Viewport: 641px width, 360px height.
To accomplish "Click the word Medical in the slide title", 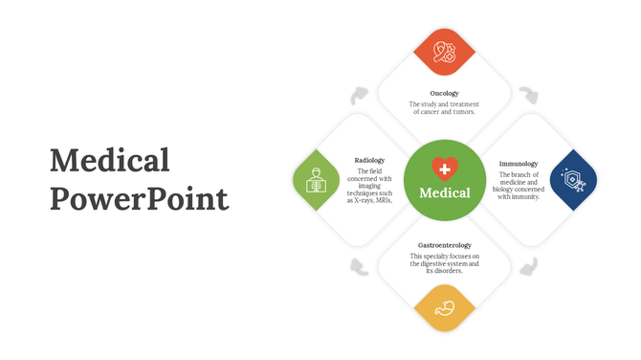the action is click(x=110, y=161).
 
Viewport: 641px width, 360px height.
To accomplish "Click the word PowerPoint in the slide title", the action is click(x=139, y=198).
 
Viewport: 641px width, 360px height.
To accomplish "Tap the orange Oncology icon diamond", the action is click(x=443, y=52).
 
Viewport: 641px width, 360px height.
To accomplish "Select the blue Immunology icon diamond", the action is click(x=572, y=179).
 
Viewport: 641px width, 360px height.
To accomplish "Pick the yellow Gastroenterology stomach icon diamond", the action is click(x=443, y=307).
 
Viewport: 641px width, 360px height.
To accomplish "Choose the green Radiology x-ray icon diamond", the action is click(x=317, y=179).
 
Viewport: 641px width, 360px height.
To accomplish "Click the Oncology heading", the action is click(x=444, y=93).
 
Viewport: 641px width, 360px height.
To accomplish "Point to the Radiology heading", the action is click(x=369, y=160).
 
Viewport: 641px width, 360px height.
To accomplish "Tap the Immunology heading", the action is click(x=518, y=164).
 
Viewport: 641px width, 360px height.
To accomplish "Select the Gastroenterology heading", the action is click(x=444, y=245).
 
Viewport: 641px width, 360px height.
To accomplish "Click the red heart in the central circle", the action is click(x=444, y=169).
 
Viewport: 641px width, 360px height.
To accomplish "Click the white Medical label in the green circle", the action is click(x=444, y=192).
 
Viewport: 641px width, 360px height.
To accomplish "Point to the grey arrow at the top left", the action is click(x=359, y=95).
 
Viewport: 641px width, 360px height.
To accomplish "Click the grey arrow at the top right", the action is click(x=528, y=95).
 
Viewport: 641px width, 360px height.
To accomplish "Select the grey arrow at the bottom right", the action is click(x=528, y=265).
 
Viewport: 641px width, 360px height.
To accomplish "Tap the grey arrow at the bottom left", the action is click(x=359, y=265).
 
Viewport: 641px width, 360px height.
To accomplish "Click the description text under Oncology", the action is click(x=444, y=107).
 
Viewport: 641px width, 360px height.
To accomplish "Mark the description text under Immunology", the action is click(x=518, y=186).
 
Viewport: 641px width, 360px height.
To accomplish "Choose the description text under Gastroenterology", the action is click(x=444, y=263).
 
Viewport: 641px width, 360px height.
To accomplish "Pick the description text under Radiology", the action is click(x=369, y=186).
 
